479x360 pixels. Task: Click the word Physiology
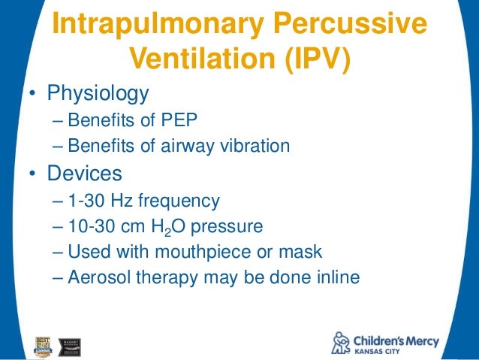coord(98,94)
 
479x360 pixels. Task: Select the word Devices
coord(84,174)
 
